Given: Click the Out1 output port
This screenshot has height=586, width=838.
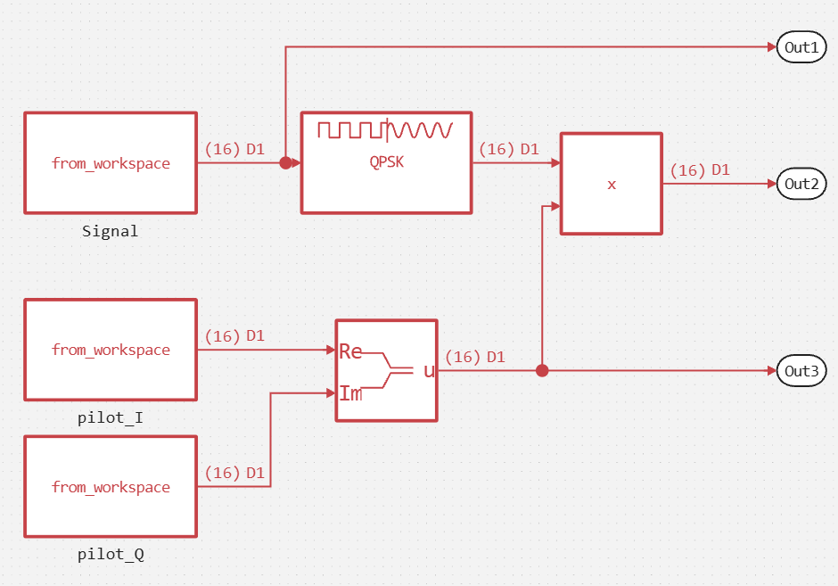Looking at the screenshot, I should coord(802,47).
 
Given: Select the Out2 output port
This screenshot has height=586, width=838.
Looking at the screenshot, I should coord(802,185).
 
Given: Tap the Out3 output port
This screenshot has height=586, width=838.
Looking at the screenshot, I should coord(802,371).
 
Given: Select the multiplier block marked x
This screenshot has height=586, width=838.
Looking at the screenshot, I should coord(612,184).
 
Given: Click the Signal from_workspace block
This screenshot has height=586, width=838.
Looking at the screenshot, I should coord(111,163).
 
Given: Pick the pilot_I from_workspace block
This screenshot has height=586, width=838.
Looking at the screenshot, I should coord(111,350).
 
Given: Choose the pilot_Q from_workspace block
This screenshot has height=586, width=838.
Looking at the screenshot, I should coord(111,487).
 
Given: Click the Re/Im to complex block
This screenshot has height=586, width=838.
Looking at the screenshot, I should coord(386,370).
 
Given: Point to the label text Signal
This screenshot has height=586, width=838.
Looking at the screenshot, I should coord(111,231).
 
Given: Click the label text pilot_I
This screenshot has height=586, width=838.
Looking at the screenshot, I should coord(111,417).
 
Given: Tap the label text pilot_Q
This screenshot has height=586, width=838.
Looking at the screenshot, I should coord(111,555).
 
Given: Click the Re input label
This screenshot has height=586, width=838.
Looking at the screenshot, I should coord(350,351).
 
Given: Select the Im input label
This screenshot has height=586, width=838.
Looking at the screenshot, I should coord(350,392).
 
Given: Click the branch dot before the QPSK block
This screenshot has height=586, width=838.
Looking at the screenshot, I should coord(285,163).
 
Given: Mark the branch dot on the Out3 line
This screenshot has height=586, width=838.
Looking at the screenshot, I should coord(541,371).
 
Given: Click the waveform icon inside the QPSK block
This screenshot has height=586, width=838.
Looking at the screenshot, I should coord(386,131).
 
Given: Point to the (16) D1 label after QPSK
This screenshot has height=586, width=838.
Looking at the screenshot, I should coord(509,149).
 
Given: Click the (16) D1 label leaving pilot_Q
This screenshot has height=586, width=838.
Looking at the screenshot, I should coord(234,472).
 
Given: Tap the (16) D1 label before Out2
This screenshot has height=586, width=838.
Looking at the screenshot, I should coord(700,170).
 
